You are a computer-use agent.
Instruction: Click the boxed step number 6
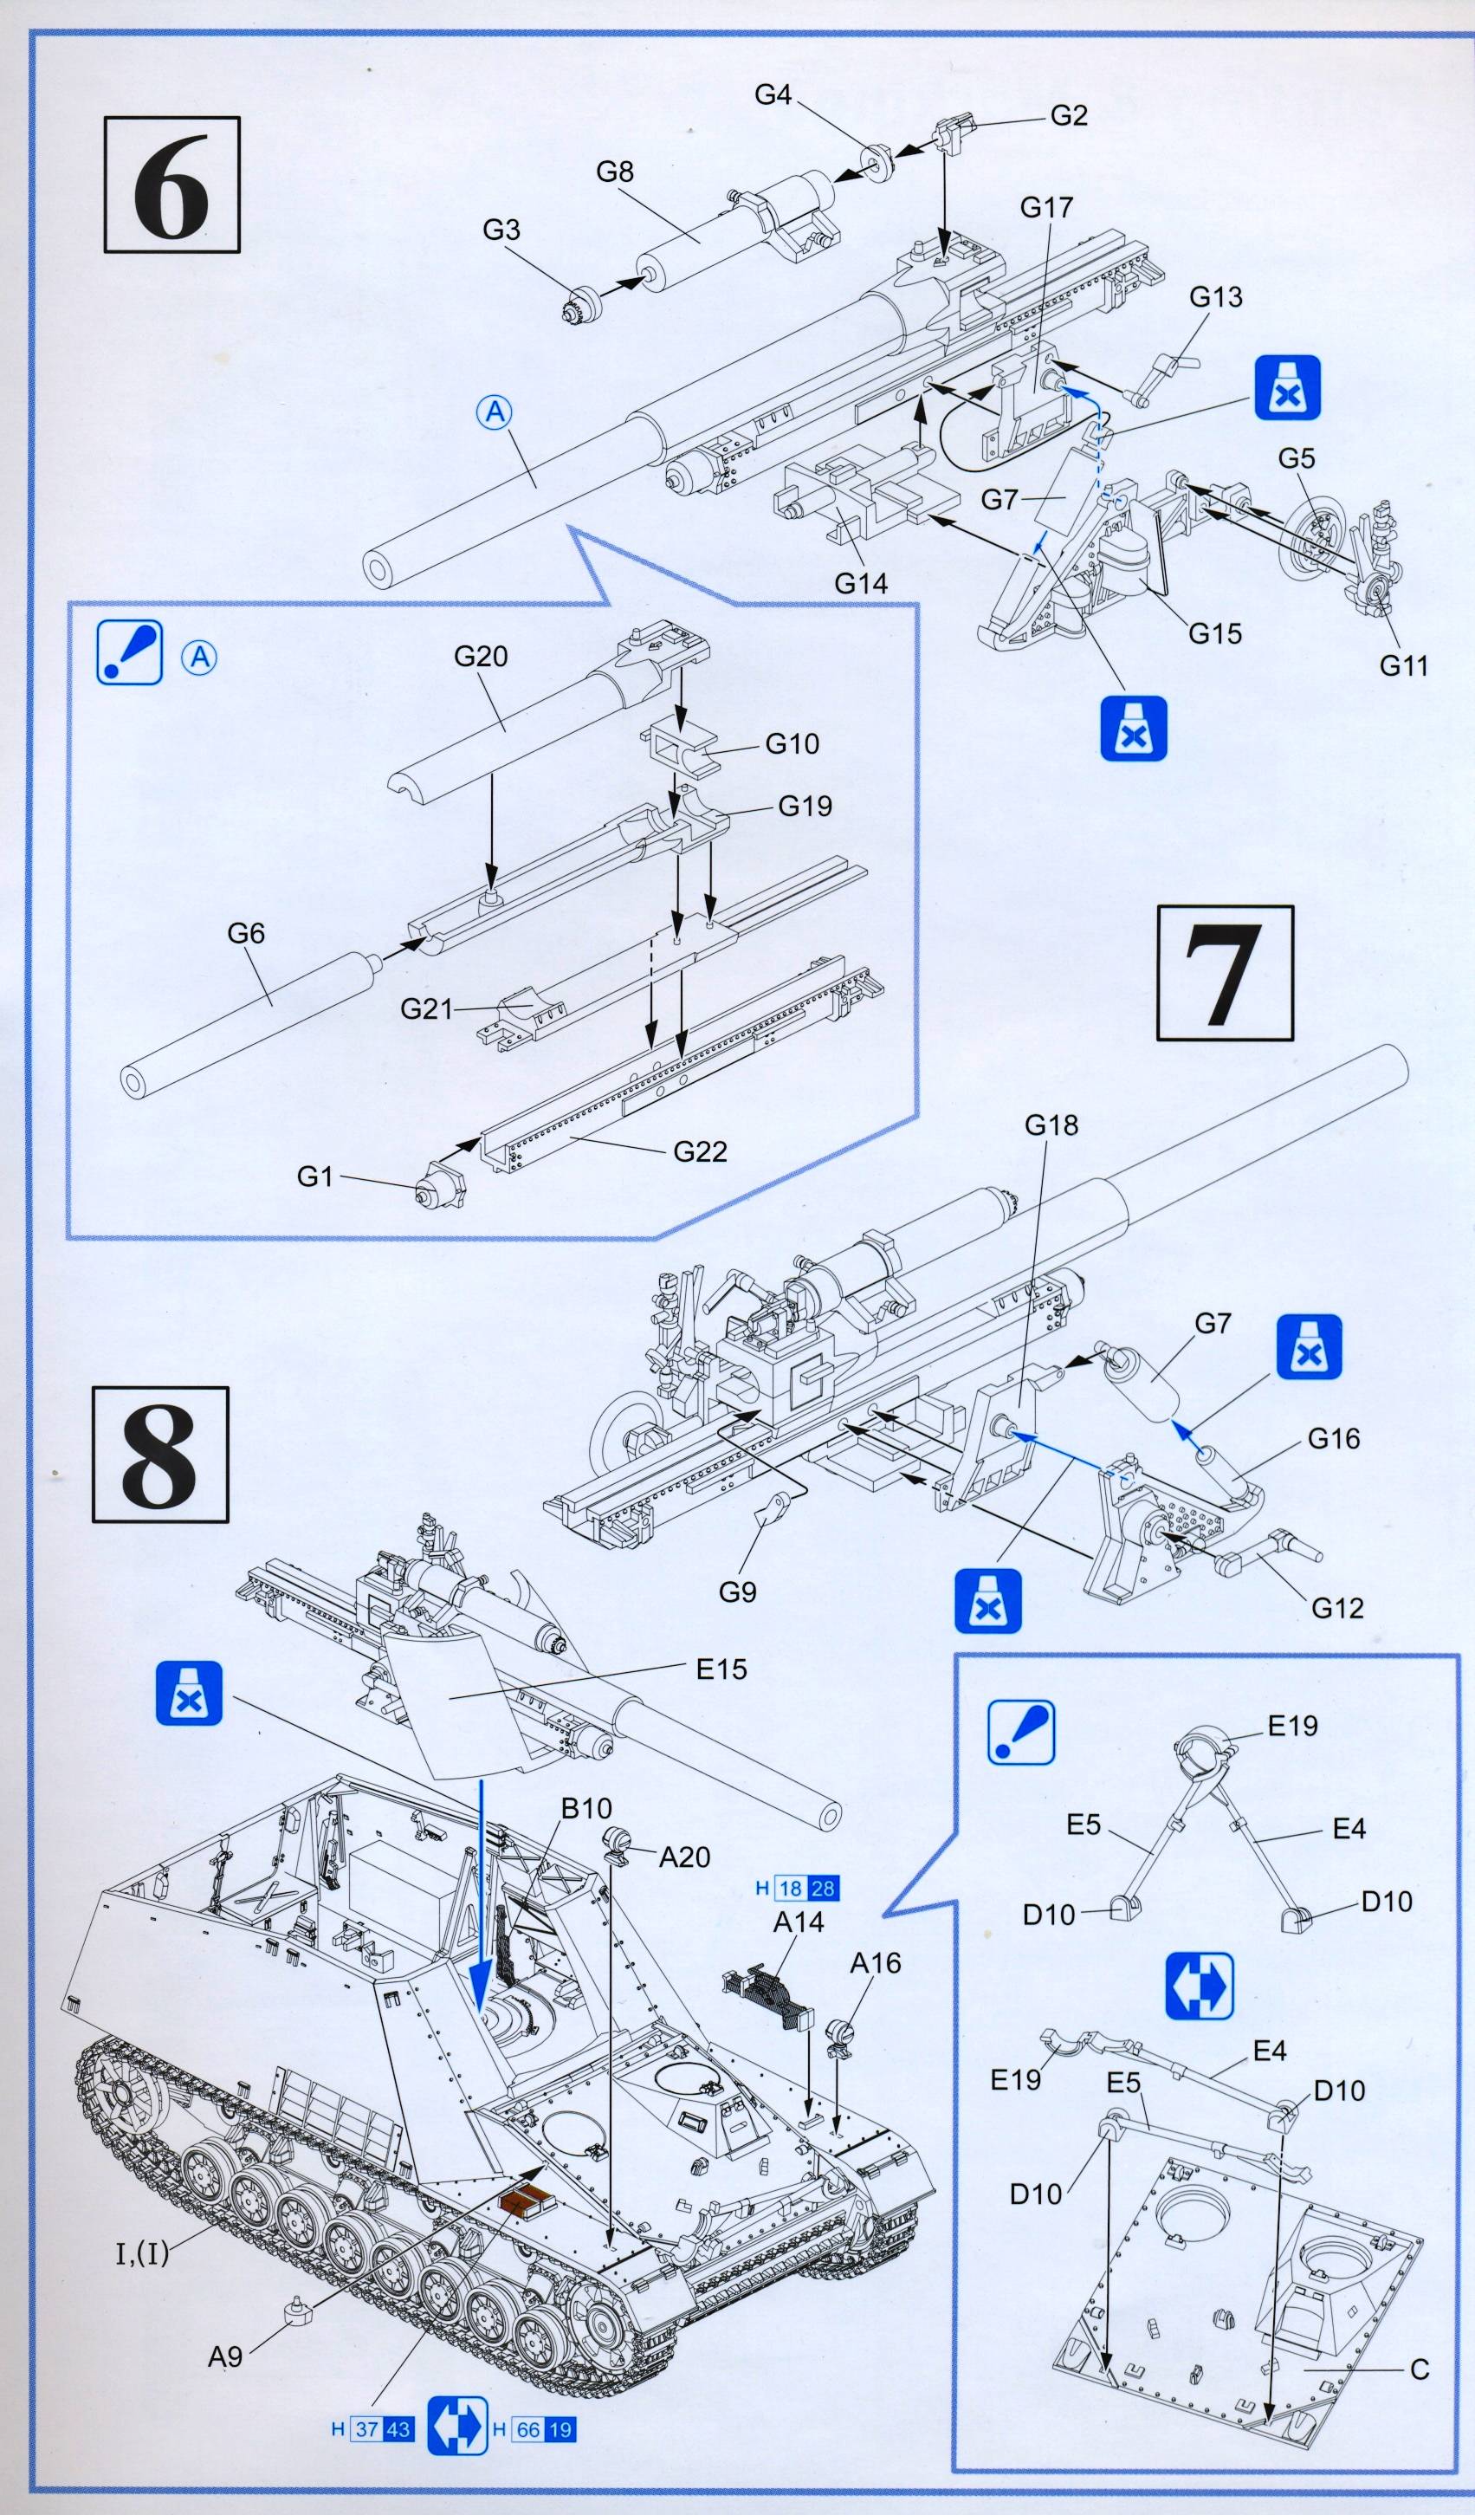tap(171, 185)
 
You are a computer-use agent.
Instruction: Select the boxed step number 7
tap(1225, 972)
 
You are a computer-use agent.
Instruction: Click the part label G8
tap(615, 172)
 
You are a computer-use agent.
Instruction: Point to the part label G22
tap(700, 1151)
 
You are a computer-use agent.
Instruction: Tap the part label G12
tap(1336, 1608)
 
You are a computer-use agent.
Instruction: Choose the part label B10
tap(585, 1807)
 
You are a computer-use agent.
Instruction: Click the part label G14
tap(860, 583)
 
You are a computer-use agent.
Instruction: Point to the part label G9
tap(738, 1591)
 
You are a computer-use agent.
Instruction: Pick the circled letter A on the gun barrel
tap(496, 412)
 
